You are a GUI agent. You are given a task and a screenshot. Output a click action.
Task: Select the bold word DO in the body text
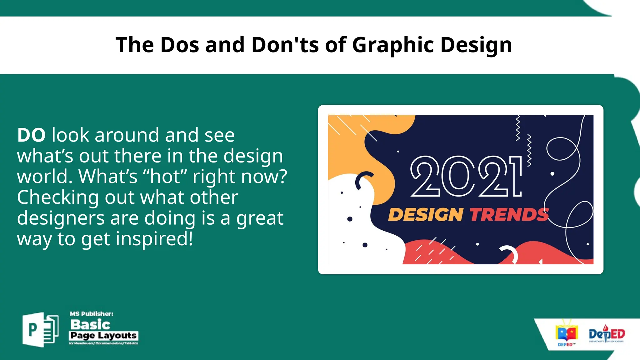coord(31,135)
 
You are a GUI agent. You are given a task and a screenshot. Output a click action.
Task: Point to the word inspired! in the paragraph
coord(154,239)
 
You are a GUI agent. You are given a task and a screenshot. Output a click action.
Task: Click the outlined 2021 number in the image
coord(466,177)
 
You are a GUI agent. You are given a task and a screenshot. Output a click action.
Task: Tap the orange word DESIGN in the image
coord(425,215)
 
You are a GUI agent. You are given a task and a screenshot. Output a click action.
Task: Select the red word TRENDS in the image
coord(509,215)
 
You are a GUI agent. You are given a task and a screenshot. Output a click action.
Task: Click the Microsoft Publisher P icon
coord(40,329)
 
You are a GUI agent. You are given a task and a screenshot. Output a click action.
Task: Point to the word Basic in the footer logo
coord(90,325)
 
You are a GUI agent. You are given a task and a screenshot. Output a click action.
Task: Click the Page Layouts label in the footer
coord(103,336)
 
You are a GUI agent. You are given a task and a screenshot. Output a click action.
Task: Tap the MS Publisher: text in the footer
coord(91,314)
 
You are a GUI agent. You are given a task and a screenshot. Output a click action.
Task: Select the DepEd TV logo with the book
coord(566,334)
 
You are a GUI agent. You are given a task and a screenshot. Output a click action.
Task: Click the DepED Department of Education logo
coord(607,334)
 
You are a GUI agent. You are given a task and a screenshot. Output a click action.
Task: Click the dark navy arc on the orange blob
coord(363,180)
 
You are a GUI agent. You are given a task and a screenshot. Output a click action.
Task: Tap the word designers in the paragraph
coord(61,218)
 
